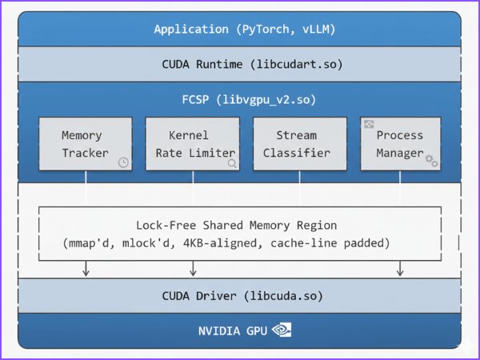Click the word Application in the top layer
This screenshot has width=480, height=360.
click(x=191, y=30)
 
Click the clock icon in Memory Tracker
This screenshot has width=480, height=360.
click(x=123, y=162)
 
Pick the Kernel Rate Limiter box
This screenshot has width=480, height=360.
click(x=192, y=144)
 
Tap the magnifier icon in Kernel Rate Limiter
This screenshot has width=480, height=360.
click(x=231, y=162)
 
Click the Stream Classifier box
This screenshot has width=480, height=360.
click(x=300, y=144)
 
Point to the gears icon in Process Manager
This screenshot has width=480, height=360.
click(x=432, y=161)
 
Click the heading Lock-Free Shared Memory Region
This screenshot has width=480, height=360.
click(x=237, y=226)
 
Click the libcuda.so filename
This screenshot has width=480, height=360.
click(x=285, y=296)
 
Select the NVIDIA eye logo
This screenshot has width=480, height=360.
click(x=282, y=330)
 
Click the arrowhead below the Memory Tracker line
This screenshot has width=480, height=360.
click(x=86, y=273)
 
